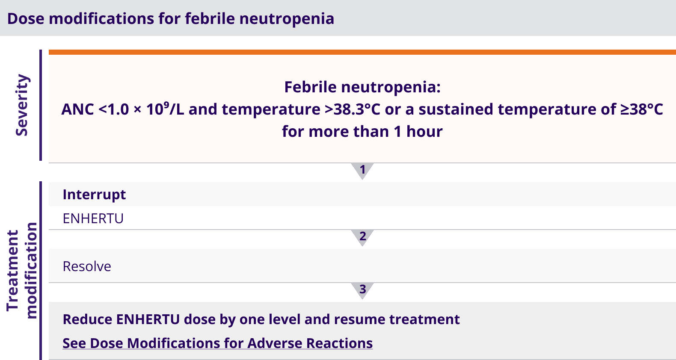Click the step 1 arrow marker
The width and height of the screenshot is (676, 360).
(362, 171)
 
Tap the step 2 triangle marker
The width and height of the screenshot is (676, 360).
(362, 237)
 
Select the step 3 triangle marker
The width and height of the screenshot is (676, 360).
(362, 290)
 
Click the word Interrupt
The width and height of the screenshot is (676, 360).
(94, 195)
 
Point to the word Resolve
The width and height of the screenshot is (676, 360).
(87, 266)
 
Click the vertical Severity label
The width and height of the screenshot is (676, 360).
(22, 105)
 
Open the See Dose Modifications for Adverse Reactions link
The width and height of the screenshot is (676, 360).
(218, 343)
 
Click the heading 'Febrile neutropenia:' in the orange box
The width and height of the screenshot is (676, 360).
(362, 87)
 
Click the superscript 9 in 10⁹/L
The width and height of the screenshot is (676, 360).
(166, 105)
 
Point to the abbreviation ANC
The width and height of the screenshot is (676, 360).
(77, 109)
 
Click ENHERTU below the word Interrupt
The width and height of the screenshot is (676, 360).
(93, 218)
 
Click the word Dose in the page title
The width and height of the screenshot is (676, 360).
(26, 19)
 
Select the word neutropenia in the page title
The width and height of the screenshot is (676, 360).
(287, 19)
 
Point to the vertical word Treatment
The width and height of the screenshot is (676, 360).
(13, 271)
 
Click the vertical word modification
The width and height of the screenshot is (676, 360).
(32, 271)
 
